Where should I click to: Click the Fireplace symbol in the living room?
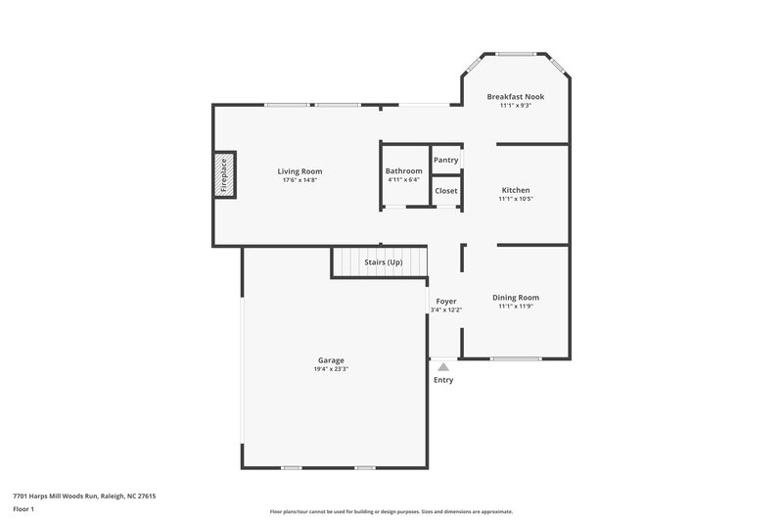225,176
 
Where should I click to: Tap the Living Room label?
300,171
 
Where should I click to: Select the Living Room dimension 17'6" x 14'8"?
300,180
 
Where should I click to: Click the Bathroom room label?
403,171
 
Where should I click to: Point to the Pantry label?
445,160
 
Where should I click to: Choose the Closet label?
445,190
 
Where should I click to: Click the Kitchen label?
516,190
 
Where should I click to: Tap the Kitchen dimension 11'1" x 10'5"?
516,199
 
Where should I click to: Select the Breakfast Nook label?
516,97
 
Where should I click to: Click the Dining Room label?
516,298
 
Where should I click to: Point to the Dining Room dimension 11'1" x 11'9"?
516,307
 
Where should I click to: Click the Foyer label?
445,301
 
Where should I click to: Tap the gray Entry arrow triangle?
443,366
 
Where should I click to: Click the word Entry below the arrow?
443,380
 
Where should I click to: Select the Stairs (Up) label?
383,262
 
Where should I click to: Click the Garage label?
330,360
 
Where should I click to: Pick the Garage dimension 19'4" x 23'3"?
330,369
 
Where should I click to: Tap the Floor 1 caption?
23,509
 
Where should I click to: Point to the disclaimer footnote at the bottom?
391,511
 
